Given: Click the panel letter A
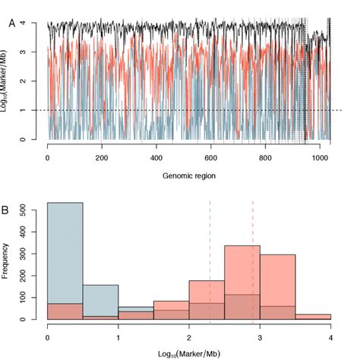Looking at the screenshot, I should point(11,24).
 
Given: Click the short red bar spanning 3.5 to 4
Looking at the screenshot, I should point(313,317).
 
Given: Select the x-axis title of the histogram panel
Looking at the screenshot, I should point(189,350).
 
